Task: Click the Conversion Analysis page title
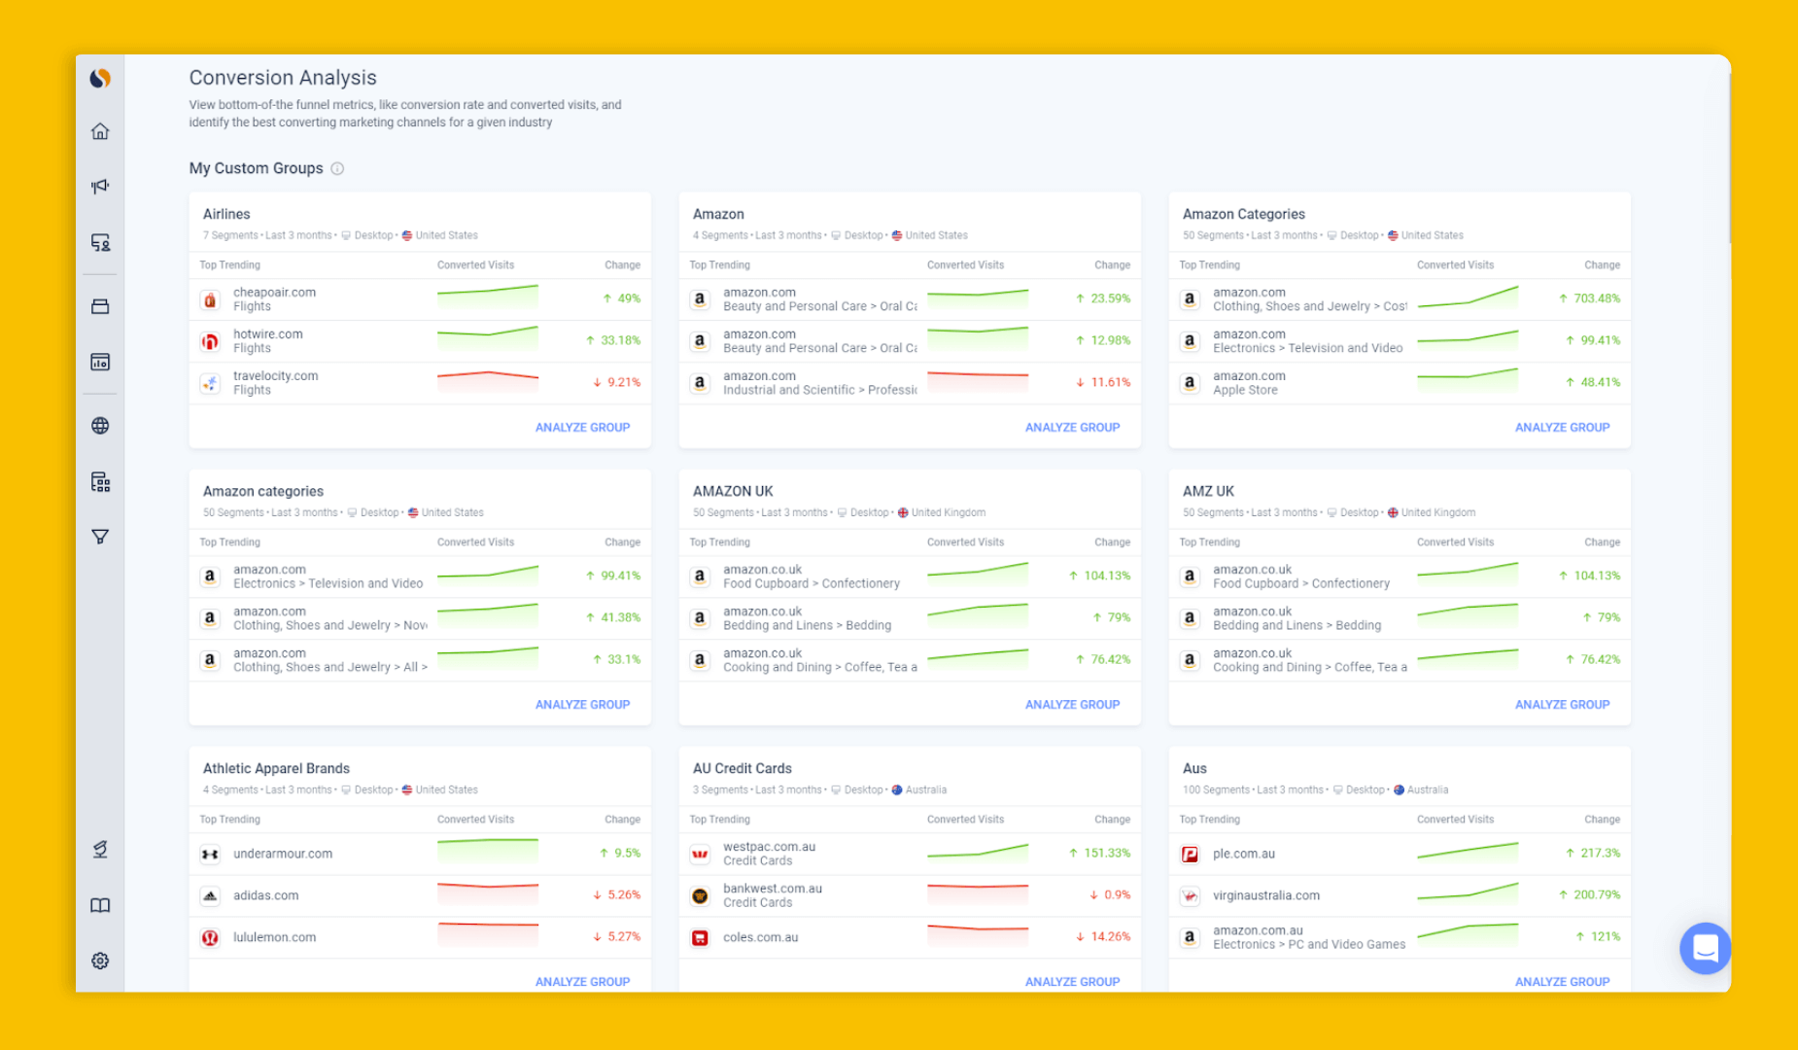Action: (283, 78)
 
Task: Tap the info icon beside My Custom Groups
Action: (337, 168)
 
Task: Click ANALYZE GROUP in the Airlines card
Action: (582, 427)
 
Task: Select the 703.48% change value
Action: (1596, 298)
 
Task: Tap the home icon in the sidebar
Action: (100, 131)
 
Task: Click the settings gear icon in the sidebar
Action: (100, 961)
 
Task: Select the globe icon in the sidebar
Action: (100, 426)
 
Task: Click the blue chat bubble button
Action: (1705, 948)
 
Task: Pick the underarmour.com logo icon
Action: (210, 854)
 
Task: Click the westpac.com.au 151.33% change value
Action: (1106, 853)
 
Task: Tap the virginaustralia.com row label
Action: (1265, 895)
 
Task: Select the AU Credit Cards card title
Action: (742, 768)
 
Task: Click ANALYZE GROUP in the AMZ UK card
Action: (1562, 704)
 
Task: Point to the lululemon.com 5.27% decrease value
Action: (623, 936)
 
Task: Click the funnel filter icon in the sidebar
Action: (100, 537)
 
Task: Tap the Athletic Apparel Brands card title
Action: (276, 768)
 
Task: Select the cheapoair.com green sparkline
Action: (488, 295)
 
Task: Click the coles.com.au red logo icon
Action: (700, 937)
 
